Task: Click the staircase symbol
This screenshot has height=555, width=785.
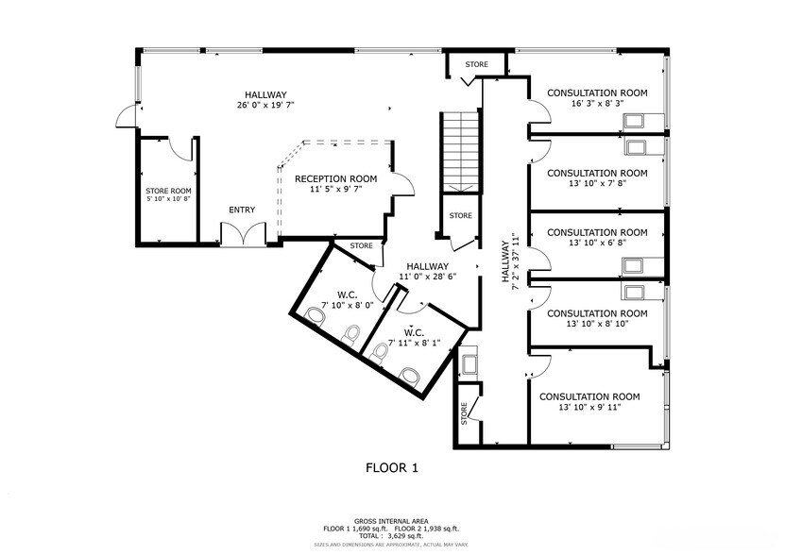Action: (461, 149)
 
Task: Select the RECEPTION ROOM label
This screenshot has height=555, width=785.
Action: (335, 178)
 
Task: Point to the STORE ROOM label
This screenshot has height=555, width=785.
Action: (168, 191)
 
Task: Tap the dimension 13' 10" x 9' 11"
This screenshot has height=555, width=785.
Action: (589, 409)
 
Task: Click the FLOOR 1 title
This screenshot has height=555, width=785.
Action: (391, 467)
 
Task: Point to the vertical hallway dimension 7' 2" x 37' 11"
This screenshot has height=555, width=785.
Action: (515, 262)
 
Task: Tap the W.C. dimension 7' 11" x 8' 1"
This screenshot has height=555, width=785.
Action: (413, 344)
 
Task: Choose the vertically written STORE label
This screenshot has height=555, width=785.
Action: (464, 412)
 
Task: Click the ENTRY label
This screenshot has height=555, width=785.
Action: (242, 210)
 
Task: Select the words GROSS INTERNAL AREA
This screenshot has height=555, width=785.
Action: (390, 521)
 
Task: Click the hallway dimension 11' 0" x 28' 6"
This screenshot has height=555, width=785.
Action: (428, 277)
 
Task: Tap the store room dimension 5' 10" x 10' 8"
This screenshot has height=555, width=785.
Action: (168, 199)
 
